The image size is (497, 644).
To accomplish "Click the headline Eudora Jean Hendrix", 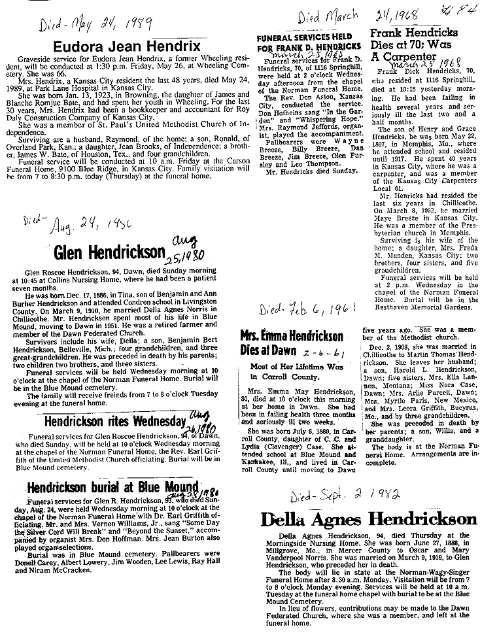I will pos(126,46).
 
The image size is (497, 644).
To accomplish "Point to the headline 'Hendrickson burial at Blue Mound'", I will pos(112,487).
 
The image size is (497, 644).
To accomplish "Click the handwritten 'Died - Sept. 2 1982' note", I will pos(327,496).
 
